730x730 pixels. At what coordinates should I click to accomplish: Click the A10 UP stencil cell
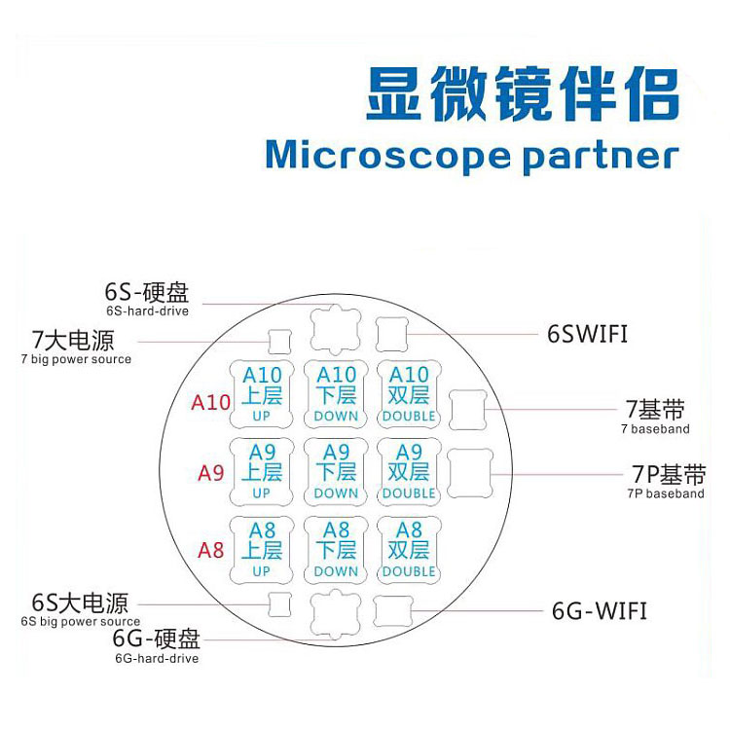[x=261, y=394]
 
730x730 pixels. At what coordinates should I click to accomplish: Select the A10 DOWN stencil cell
[x=336, y=394]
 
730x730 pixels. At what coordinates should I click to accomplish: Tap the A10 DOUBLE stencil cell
[x=409, y=394]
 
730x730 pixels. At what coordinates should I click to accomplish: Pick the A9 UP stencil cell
[x=261, y=471]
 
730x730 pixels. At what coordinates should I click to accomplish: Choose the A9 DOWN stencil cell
[x=336, y=471]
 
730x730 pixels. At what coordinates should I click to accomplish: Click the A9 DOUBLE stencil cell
[x=409, y=471]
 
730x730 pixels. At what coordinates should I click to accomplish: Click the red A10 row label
[x=210, y=402]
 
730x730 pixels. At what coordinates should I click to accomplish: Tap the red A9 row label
[x=211, y=473]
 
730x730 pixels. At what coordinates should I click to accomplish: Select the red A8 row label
[x=211, y=550]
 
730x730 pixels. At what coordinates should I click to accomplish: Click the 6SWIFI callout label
[x=587, y=335]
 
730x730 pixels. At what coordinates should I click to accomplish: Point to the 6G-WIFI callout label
[x=599, y=611]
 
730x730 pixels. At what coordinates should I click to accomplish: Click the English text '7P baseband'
[x=666, y=494]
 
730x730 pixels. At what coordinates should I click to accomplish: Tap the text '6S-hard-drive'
[x=147, y=310]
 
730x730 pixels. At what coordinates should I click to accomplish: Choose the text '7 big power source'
[x=75, y=359]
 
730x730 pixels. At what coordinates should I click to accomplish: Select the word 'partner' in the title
[x=600, y=156]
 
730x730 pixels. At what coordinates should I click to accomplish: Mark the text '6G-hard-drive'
[x=157, y=659]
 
